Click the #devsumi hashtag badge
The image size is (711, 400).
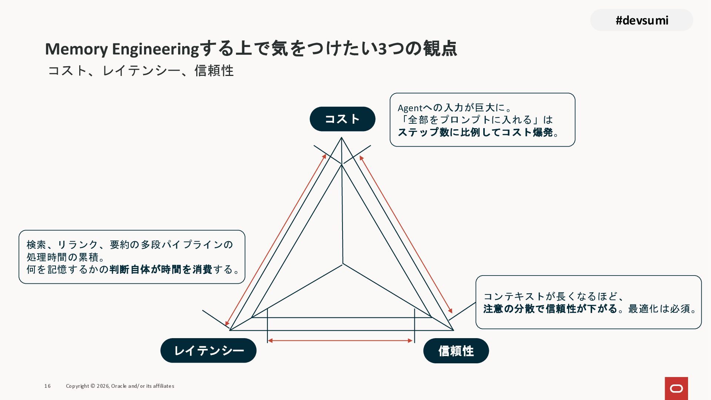[641, 20]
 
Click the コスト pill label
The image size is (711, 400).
[343, 119]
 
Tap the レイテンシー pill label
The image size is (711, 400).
[208, 350]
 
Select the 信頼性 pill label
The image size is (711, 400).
[456, 351]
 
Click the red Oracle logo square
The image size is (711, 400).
[676, 388]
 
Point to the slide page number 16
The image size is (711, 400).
[47, 386]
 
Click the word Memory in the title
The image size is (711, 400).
[76, 49]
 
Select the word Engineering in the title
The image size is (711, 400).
[156, 49]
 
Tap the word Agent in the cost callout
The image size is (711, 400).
[410, 108]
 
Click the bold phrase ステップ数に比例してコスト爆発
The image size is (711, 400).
[475, 132]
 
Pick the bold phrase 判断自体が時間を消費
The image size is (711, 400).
[161, 269]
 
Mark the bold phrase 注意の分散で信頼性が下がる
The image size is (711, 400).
[550, 309]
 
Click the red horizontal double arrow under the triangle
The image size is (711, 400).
[340, 340]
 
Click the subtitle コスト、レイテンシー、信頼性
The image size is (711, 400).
[141, 70]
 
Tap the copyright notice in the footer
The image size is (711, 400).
[120, 386]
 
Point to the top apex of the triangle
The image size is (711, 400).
[341, 138]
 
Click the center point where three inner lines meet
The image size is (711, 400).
[343, 264]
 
